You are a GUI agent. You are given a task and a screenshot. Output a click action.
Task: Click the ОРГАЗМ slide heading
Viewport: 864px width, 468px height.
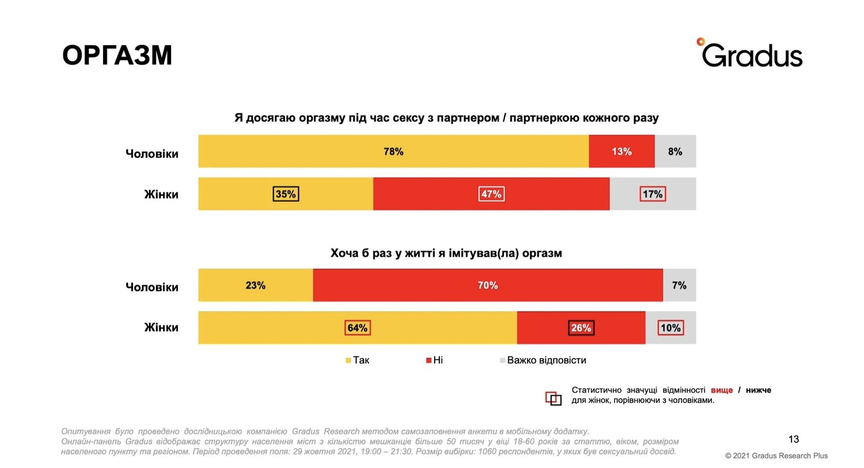pos(117,55)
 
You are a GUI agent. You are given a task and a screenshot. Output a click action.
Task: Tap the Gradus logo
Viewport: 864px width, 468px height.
pos(751,53)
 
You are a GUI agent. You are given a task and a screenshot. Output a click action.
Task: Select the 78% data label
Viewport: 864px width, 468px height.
pos(393,152)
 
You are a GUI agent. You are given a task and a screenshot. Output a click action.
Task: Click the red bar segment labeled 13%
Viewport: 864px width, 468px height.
pos(622,152)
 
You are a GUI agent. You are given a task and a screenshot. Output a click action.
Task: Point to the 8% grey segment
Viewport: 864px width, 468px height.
pos(675,152)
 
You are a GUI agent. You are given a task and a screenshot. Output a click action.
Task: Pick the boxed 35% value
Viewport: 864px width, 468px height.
pos(286,194)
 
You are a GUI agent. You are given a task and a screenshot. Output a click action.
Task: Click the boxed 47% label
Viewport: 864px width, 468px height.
pos(491,194)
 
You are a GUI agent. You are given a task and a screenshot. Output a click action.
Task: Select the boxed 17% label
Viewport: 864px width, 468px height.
pos(652,194)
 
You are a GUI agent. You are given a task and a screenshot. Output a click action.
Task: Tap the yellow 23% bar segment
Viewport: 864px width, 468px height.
pos(255,285)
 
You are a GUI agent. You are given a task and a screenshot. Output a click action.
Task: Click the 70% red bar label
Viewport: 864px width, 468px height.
pos(488,285)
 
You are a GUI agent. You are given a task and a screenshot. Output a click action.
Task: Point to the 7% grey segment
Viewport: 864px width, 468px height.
pos(679,285)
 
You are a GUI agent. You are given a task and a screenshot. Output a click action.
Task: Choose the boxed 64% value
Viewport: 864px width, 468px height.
pos(357,328)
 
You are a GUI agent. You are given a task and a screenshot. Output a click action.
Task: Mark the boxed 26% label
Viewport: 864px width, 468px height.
pos(581,328)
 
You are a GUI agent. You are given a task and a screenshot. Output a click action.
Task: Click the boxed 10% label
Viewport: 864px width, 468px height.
pos(671,328)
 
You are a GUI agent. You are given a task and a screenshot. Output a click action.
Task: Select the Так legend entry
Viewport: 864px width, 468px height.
pos(357,360)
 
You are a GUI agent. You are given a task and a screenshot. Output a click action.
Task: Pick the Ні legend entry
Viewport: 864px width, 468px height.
pos(435,360)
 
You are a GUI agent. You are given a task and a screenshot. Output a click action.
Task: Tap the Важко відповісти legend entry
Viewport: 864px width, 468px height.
pos(543,360)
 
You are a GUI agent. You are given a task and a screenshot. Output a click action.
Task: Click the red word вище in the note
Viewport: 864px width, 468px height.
pos(721,390)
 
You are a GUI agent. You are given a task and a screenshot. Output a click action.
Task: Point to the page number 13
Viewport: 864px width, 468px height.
pos(793,439)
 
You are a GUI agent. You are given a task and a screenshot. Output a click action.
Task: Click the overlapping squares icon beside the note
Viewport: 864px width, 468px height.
pos(553,398)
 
